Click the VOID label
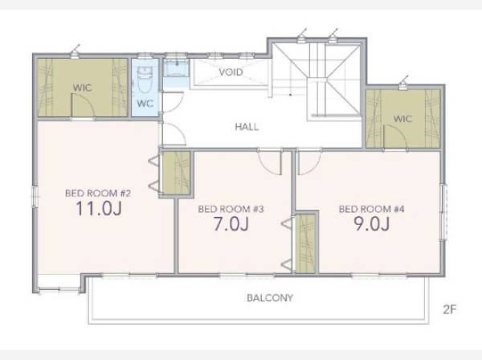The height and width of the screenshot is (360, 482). [231, 72]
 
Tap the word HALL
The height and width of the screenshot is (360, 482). [247, 127]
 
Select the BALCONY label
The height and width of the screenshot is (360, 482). [270, 297]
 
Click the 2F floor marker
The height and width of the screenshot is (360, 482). [450, 309]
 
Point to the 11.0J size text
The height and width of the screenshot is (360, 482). [99, 208]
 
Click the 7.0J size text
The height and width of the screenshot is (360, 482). [231, 224]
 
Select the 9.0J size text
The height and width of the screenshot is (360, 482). [372, 224]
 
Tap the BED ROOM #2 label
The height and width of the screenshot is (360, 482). [98, 194]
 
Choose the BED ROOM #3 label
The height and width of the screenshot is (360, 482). [231, 209]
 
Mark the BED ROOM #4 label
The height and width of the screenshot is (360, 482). [372, 209]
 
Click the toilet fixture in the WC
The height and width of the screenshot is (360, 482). [145, 80]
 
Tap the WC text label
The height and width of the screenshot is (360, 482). [145, 104]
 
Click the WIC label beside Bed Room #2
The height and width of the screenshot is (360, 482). [83, 88]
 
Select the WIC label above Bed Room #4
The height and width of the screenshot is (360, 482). [402, 119]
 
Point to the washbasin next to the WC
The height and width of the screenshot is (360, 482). [176, 68]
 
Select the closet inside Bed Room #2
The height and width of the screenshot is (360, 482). [176, 173]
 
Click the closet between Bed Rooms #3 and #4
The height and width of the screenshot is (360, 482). [305, 243]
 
